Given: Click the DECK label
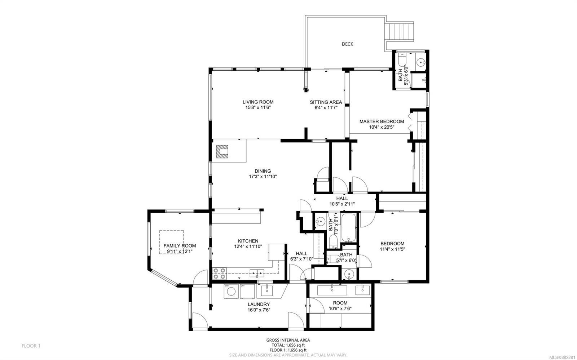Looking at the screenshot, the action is pyautogui.click(x=348, y=44).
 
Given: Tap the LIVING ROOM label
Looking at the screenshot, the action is pyautogui.click(x=258, y=102).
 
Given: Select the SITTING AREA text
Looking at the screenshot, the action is pyautogui.click(x=326, y=102).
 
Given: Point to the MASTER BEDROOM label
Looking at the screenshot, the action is pyautogui.click(x=382, y=121).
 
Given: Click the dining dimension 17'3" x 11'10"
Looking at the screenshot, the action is pyautogui.click(x=263, y=177).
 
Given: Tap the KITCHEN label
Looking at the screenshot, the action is pyautogui.click(x=248, y=241).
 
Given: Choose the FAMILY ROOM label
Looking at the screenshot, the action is pyautogui.click(x=180, y=246).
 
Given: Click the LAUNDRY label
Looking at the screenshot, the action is pyautogui.click(x=259, y=304).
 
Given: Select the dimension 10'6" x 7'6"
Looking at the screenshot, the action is pyautogui.click(x=340, y=308).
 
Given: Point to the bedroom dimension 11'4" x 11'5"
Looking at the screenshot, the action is pyautogui.click(x=392, y=249).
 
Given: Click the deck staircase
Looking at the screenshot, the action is pyautogui.click(x=399, y=31).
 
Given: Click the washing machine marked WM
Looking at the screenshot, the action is pyautogui.click(x=231, y=291).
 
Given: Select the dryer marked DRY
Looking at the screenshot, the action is pyautogui.click(x=247, y=291).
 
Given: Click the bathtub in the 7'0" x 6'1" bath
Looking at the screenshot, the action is pyautogui.click(x=348, y=228).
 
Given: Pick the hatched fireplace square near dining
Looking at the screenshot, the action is pyautogui.click(x=222, y=152).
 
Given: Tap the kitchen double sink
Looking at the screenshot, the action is pyautogui.click(x=257, y=273).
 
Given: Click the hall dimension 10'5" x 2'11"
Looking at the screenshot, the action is pyautogui.click(x=342, y=204).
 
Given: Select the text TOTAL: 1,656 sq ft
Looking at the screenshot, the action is pyautogui.click(x=288, y=345).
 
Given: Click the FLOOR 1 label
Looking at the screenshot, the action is pyautogui.click(x=31, y=346).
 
